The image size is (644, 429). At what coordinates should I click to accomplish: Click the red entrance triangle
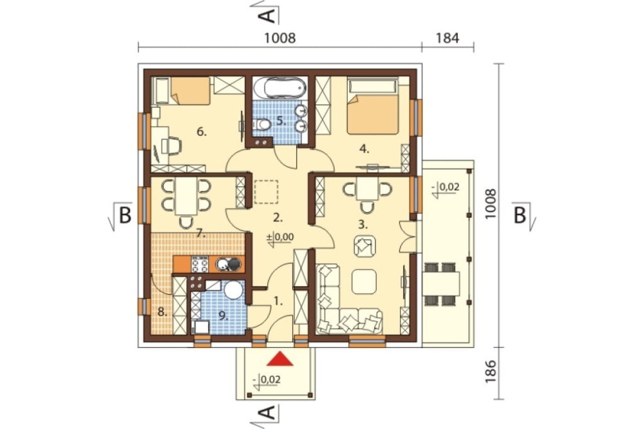(279, 359)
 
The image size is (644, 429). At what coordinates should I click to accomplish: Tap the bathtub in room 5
(279, 87)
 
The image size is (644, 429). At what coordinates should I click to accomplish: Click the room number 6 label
(201, 132)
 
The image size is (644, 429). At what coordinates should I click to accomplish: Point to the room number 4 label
(365, 149)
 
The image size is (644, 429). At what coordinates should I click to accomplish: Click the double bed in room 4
(373, 107)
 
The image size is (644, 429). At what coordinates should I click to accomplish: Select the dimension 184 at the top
(448, 38)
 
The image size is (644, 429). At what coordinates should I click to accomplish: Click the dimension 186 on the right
(491, 372)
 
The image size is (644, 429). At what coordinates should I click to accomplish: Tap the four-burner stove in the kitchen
(200, 264)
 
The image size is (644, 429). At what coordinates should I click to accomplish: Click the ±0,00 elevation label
(281, 237)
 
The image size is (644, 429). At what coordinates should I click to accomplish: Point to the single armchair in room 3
(364, 246)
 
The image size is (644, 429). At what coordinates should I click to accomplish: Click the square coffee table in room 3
(364, 281)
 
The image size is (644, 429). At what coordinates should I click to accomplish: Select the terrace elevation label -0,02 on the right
(446, 187)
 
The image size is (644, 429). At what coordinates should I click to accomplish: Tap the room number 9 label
(223, 316)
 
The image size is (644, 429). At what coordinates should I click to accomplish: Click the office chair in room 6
(173, 146)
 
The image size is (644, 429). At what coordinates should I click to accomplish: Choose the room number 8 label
(163, 312)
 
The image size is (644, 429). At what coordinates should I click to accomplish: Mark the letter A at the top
(267, 15)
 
